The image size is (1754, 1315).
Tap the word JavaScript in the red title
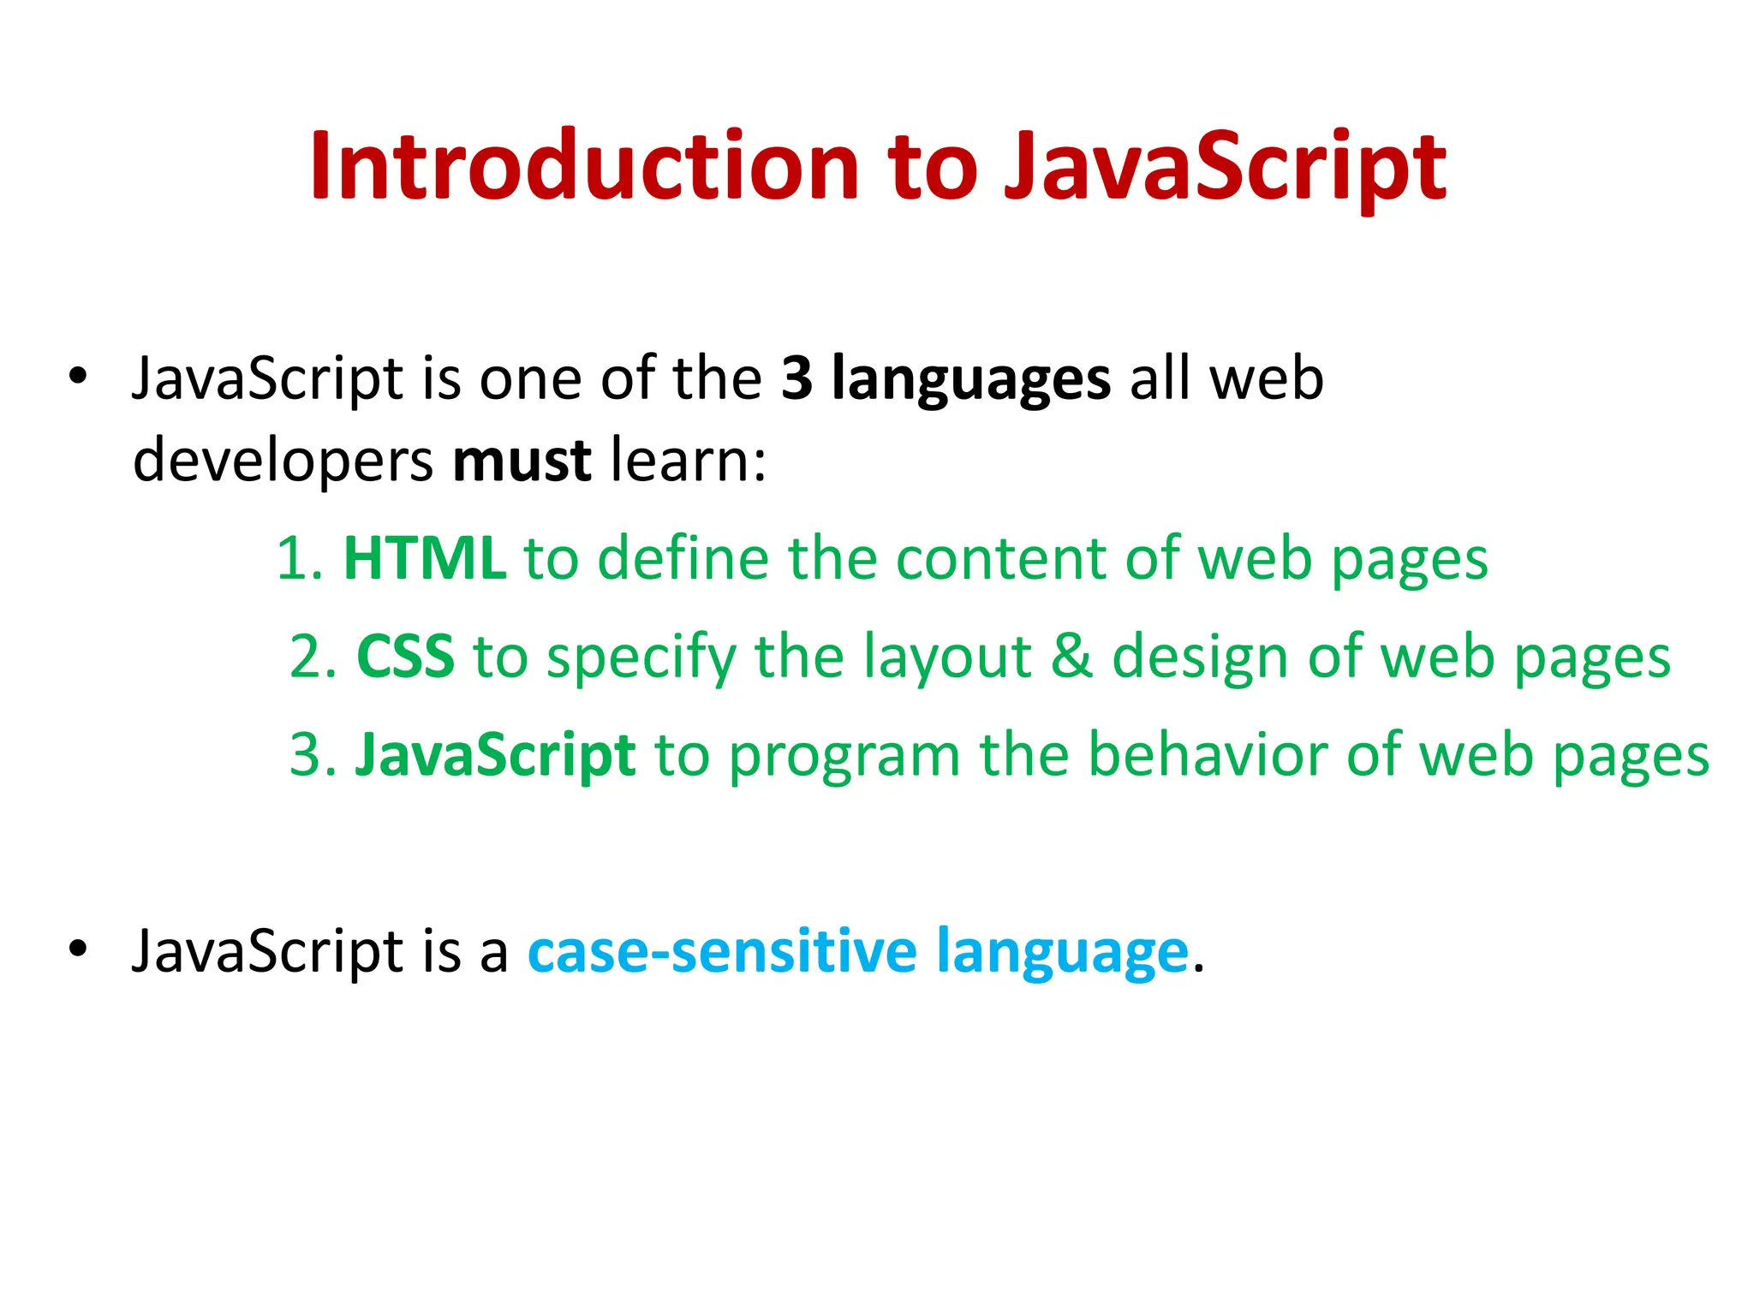(1225, 168)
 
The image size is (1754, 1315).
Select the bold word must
(522, 461)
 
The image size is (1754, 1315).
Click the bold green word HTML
(424, 558)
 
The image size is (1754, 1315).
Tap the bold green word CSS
(404, 657)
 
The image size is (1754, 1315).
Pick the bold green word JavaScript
(495, 755)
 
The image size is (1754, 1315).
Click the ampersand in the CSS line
(1071, 657)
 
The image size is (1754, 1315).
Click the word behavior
(1207, 755)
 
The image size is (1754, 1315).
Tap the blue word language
(1062, 953)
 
